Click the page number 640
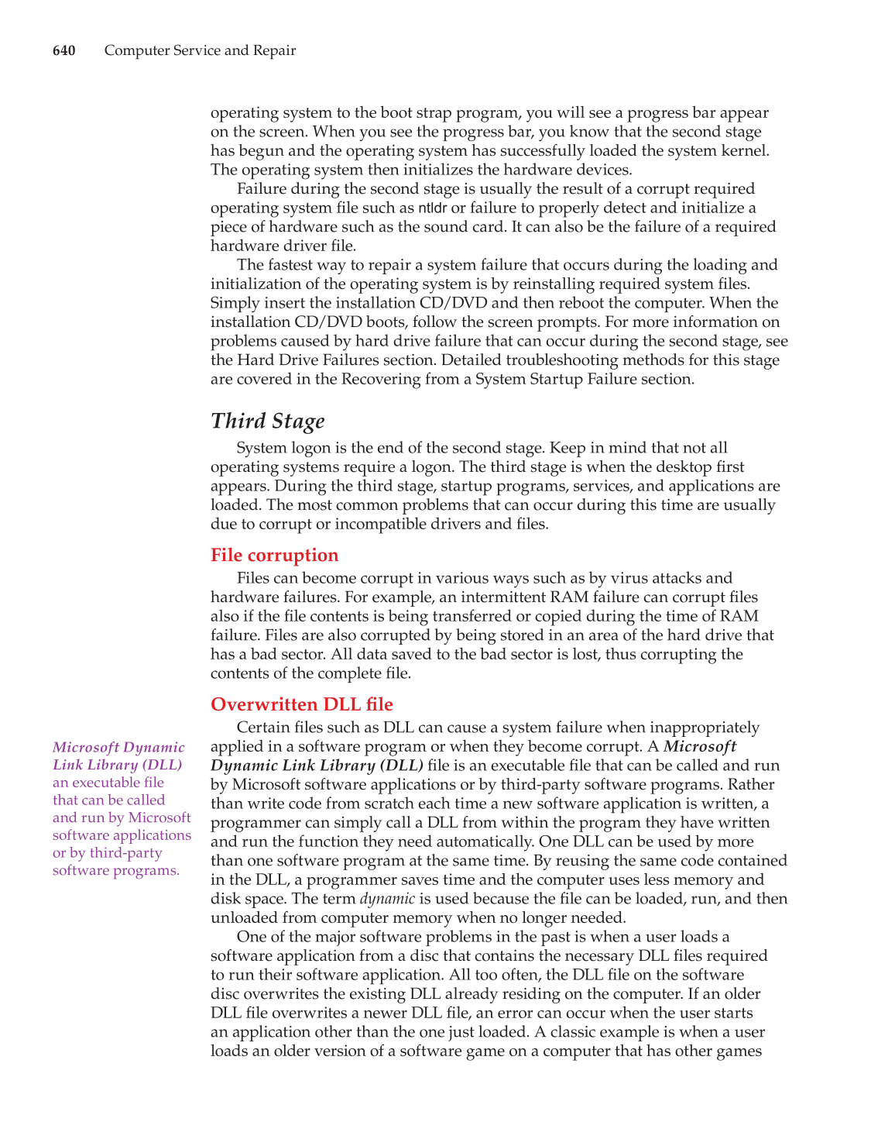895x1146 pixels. tap(63, 50)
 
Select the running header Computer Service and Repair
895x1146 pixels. tap(200, 50)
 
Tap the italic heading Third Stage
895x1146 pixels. tap(267, 421)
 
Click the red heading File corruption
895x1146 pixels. tap(274, 555)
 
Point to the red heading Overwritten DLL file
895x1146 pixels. tap(301, 704)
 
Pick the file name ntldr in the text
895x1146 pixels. tap(433, 208)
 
